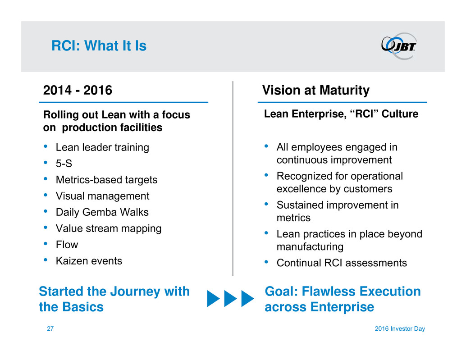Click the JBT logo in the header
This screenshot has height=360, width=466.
click(x=399, y=46)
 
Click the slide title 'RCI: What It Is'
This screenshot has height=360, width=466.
click(x=99, y=46)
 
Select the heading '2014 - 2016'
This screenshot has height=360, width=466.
click(x=78, y=90)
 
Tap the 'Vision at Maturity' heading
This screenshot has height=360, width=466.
click(x=315, y=90)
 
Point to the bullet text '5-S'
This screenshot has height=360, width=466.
click(x=64, y=164)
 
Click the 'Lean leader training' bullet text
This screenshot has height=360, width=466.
click(x=103, y=147)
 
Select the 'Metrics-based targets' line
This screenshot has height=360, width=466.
click(x=107, y=180)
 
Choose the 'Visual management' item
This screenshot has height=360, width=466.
click(x=103, y=196)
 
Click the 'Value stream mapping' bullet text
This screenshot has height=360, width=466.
click(x=109, y=228)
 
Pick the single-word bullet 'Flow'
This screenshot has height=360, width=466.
click(x=67, y=245)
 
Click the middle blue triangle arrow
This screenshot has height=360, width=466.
click(x=231, y=299)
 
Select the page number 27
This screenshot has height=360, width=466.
click(x=50, y=328)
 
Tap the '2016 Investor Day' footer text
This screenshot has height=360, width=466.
click(x=400, y=328)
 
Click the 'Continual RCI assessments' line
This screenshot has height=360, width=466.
click(x=342, y=263)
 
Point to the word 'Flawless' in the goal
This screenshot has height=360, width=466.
click(x=326, y=292)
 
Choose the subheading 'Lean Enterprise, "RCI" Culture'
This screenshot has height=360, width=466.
click(x=341, y=114)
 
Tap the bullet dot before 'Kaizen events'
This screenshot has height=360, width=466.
click(x=46, y=260)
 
